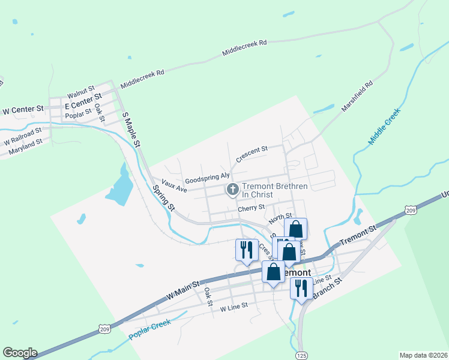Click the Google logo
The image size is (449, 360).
20,353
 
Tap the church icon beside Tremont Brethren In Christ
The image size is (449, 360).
232,190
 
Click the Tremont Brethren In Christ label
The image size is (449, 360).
275,190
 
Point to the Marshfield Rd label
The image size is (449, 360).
357,96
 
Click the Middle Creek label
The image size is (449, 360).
384,127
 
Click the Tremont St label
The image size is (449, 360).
357,235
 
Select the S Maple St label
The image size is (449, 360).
131,129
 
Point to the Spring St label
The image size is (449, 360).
163,199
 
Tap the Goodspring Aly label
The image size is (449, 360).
207,178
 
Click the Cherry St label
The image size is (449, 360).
251,208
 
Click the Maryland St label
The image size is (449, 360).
25,148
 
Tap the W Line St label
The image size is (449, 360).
234,308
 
